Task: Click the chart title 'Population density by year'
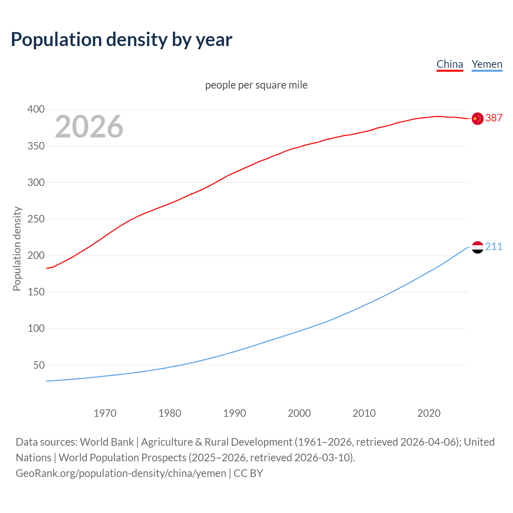click(121, 39)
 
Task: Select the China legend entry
click(450, 64)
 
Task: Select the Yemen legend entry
click(487, 64)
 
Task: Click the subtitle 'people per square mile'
click(256, 85)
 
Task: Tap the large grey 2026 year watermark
click(89, 127)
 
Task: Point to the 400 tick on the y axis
click(36, 109)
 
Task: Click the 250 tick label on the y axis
click(36, 219)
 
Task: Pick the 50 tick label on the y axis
click(39, 366)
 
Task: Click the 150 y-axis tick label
click(36, 292)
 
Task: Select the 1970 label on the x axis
click(105, 413)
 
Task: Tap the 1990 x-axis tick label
click(234, 413)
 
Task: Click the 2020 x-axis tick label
click(429, 413)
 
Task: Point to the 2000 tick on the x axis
click(299, 413)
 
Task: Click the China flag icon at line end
click(477, 119)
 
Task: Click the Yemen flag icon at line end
click(477, 247)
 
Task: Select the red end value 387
click(494, 118)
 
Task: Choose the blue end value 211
click(494, 246)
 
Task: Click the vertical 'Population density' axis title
click(17, 248)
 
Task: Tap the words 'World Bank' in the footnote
click(107, 442)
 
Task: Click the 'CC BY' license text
click(248, 473)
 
